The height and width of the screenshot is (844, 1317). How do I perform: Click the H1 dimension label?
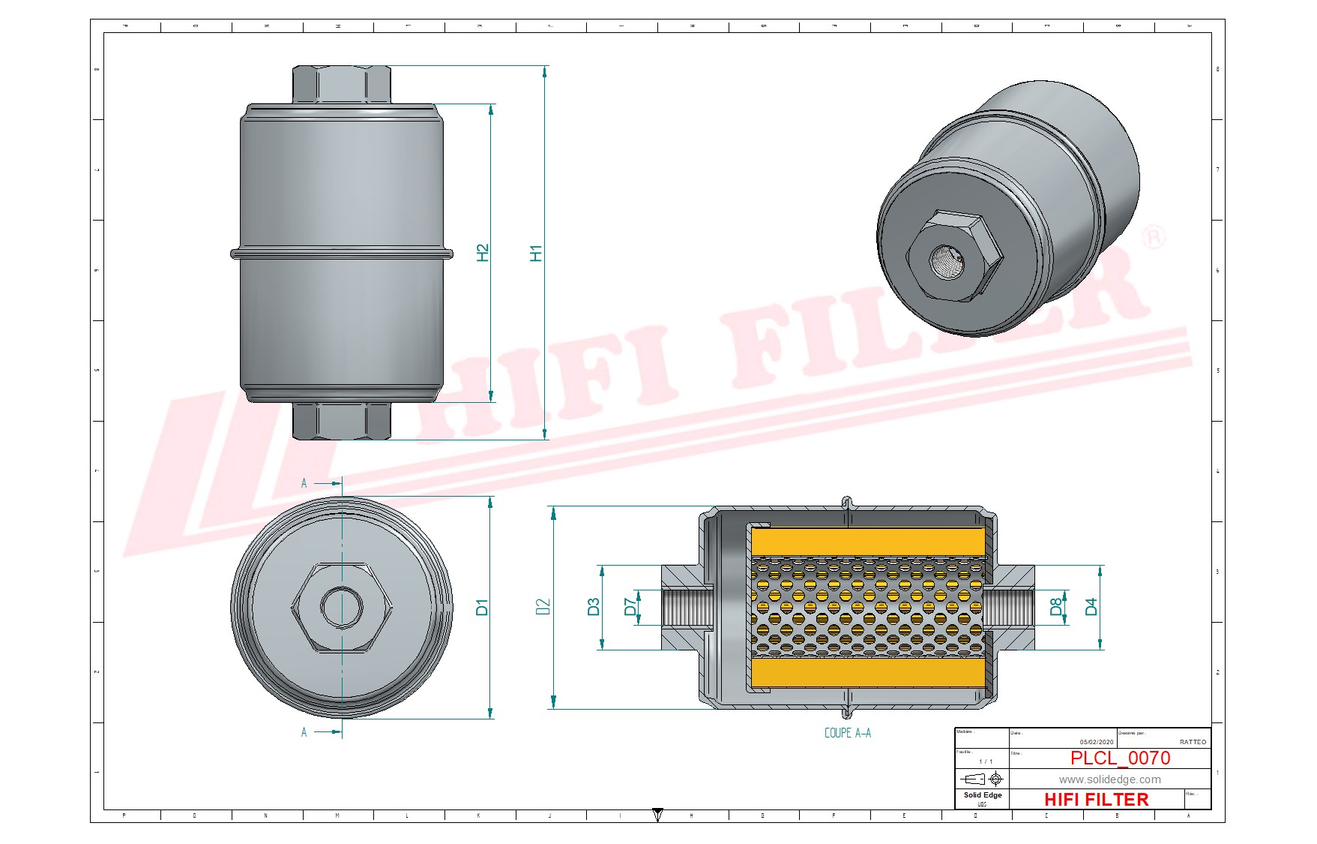(x=535, y=253)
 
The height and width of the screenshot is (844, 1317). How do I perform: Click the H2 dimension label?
(x=482, y=253)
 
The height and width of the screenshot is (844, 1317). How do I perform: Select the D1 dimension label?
(x=481, y=607)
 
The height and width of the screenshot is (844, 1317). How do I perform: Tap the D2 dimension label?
(x=543, y=607)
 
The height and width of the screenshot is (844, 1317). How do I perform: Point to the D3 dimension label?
(x=593, y=607)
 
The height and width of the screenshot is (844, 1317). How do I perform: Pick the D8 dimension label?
(x=1055, y=606)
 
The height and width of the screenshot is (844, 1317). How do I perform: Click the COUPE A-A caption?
(x=847, y=733)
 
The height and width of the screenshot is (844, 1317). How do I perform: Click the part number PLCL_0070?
(x=1120, y=758)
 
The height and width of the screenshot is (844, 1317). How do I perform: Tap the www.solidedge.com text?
(x=1109, y=779)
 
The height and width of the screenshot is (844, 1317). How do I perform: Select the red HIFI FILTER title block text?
(x=1096, y=800)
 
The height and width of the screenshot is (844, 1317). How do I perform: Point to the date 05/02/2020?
(x=1096, y=742)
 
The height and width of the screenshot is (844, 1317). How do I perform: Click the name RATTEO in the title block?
(x=1192, y=742)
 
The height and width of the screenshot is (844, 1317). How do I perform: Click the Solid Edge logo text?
(x=982, y=795)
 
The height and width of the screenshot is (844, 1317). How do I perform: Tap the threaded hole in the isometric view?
(x=947, y=262)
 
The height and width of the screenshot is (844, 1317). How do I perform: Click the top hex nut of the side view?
(x=341, y=84)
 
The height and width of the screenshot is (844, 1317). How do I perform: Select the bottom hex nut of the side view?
(x=341, y=421)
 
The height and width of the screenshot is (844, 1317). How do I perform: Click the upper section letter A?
(x=304, y=483)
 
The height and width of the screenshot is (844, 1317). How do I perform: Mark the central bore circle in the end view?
(x=342, y=606)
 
